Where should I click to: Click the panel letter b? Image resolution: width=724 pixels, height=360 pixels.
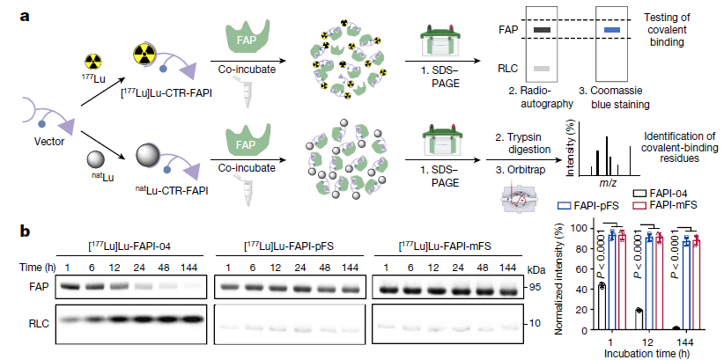coord(12,231)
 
